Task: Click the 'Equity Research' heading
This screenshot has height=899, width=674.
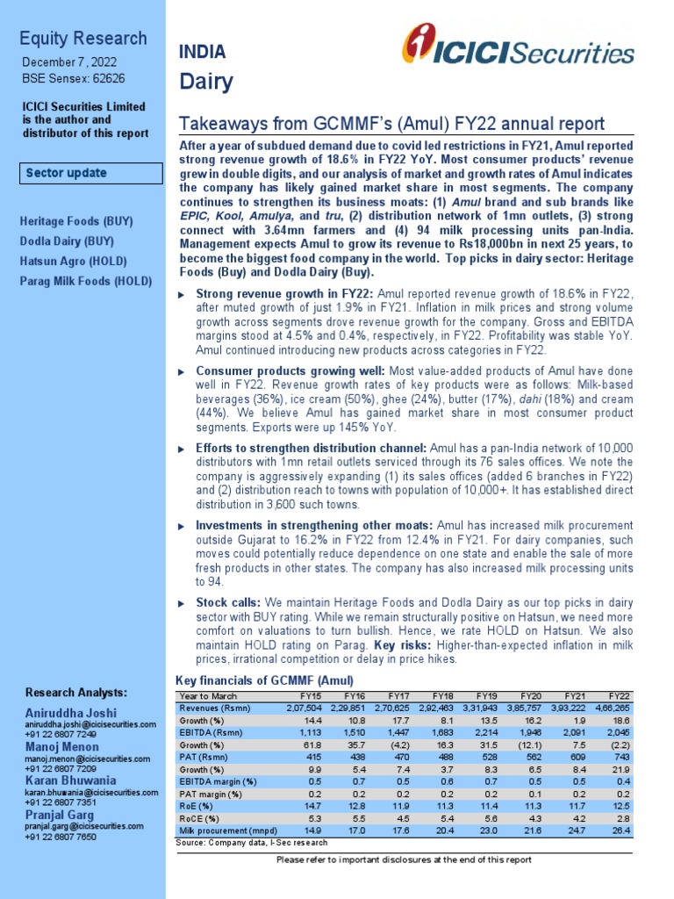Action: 83,39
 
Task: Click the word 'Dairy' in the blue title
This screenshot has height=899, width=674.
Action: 206,83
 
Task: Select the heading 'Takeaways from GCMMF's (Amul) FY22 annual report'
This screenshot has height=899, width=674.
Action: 391,124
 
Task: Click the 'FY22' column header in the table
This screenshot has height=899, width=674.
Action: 620,695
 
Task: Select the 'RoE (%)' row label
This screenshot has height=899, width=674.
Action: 196,806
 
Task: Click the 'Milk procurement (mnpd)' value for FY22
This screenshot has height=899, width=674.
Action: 620,831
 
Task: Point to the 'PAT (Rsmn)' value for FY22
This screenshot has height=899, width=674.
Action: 620,757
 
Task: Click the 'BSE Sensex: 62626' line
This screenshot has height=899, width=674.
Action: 68,78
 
